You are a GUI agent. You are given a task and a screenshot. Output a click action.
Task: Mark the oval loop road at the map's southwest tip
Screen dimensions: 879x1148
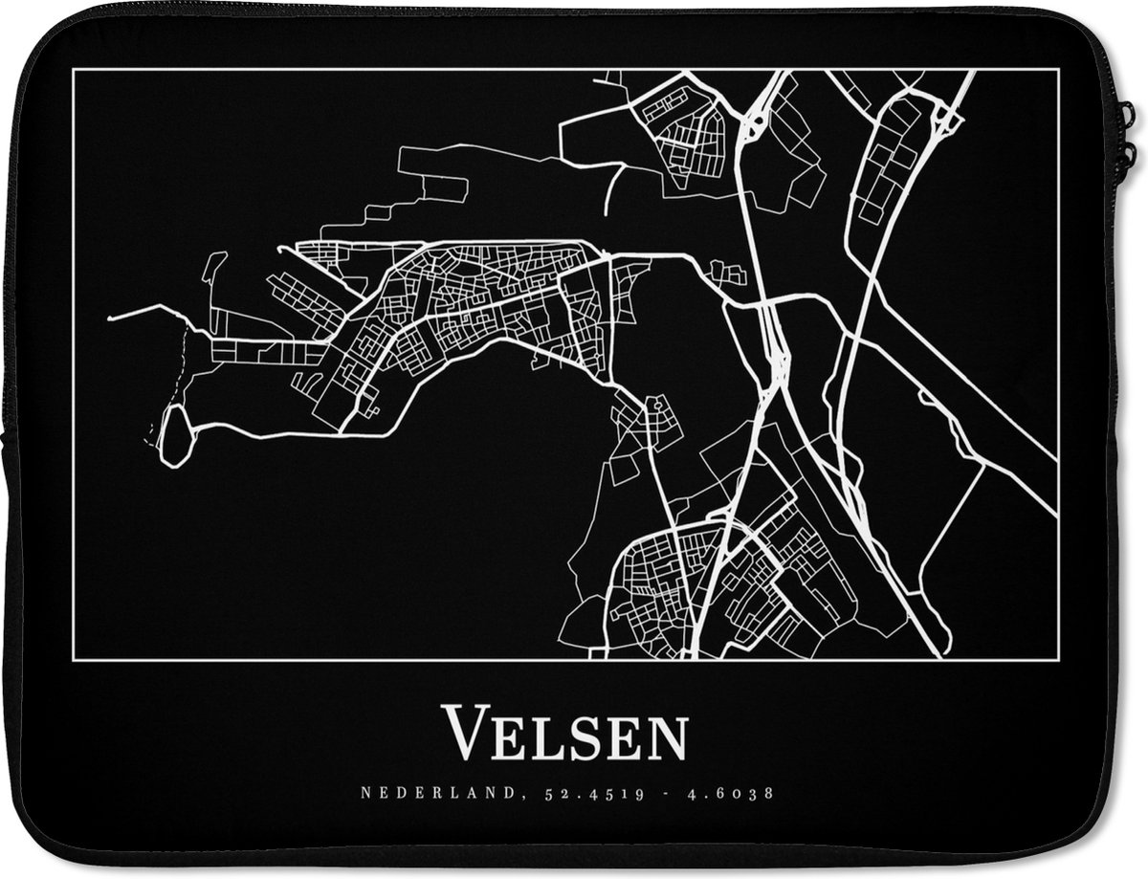click(175, 435)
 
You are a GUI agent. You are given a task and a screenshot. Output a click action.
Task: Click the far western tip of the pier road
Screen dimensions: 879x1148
click(110, 318)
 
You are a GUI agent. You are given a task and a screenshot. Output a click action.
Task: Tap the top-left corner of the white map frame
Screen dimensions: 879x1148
click(74, 70)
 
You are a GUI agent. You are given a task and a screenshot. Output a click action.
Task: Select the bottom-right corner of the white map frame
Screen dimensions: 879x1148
click(1058, 660)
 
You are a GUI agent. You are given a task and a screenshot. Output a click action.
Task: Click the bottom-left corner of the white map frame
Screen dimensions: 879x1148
click(74, 660)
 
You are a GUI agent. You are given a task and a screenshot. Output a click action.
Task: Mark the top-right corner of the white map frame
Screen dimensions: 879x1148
click(1058, 70)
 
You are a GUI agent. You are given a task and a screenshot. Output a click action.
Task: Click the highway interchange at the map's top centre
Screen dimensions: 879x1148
click(752, 121)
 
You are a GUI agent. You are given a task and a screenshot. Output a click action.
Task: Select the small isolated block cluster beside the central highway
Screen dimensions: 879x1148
click(729, 274)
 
